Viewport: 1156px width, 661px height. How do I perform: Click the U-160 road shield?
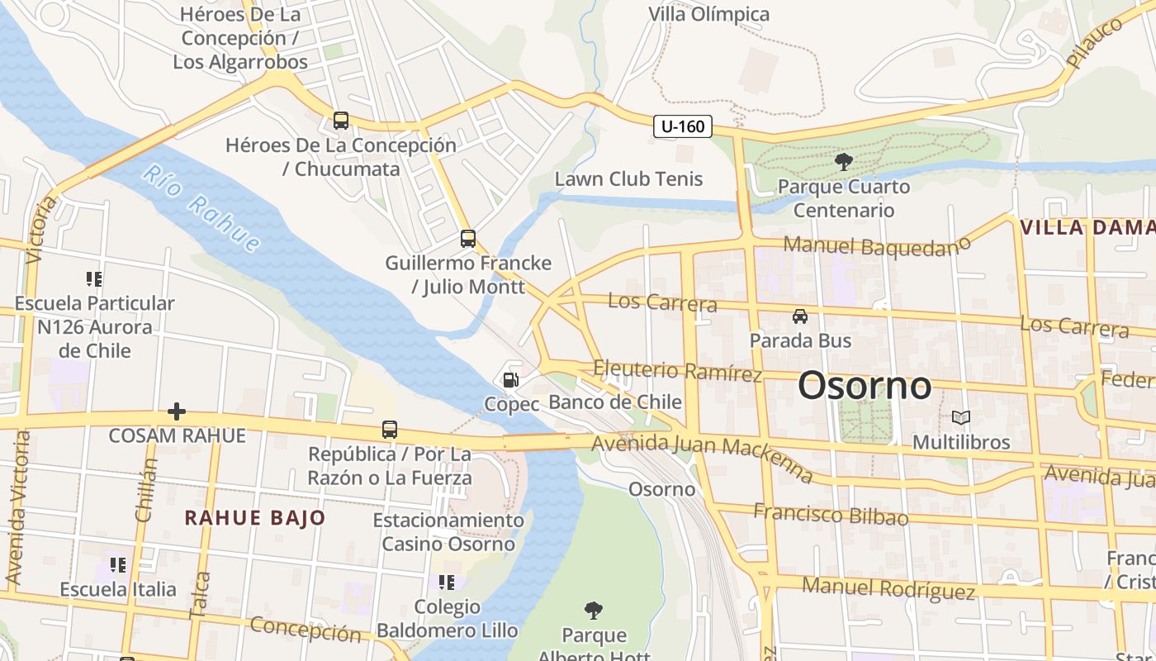[x=683, y=126]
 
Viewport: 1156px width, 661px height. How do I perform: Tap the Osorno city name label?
[x=865, y=386]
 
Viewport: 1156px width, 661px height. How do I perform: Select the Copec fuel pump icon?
[x=511, y=380]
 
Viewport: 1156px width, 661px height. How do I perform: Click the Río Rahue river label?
[x=201, y=208]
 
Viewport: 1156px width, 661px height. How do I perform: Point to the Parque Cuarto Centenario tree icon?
[x=843, y=162]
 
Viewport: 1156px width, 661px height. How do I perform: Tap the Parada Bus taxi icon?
[x=799, y=316]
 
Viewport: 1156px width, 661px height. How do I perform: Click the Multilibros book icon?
[x=960, y=417]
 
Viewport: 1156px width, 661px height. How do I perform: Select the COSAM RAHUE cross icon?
[x=177, y=411]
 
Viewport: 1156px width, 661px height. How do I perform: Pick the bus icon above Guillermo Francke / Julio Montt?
[x=468, y=239]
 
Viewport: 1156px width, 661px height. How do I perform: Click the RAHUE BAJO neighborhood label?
[x=255, y=518]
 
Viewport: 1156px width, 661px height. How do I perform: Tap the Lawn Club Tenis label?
[x=628, y=178]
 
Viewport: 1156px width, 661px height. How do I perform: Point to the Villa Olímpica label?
[x=708, y=14]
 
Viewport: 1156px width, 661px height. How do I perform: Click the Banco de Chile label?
[x=615, y=402]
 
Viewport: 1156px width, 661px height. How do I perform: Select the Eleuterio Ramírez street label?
[x=677, y=371]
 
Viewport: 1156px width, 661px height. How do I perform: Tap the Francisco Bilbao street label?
[x=830, y=514]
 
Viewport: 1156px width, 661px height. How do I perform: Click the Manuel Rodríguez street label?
[x=888, y=588]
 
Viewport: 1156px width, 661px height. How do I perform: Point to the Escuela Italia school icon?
[x=118, y=565]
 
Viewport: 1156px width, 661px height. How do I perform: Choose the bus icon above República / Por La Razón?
[x=390, y=430]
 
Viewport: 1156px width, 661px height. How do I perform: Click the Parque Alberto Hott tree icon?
[x=593, y=611]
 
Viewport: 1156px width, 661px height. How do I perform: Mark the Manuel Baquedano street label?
[x=876, y=245]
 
